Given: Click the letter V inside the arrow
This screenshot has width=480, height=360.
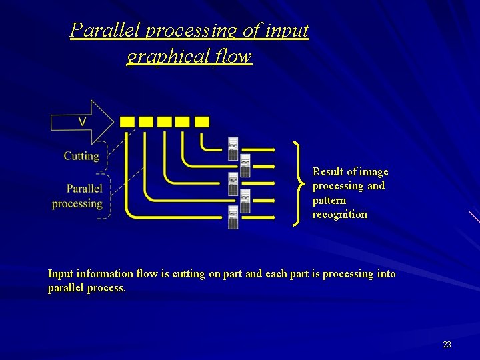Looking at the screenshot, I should click(82, 121).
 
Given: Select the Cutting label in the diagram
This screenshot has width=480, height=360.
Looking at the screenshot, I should click(81, 156).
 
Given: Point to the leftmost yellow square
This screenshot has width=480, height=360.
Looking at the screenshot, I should click(127, 122).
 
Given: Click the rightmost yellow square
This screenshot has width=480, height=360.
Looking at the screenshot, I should click(202, 122).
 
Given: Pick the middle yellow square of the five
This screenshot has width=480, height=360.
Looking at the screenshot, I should click(164, 122).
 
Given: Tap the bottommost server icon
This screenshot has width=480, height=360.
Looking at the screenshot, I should click(233, 218).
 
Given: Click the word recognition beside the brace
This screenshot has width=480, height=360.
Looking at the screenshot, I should click(339, 215).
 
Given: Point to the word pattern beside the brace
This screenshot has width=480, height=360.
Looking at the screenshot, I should click(329, 200).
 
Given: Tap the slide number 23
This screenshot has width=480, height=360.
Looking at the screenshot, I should click(447, 345).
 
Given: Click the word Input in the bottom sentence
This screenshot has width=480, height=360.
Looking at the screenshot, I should click(61, 274).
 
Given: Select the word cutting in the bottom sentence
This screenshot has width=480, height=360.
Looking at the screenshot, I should click(188, 274).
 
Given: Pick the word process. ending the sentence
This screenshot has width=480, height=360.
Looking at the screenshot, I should click(106, 288).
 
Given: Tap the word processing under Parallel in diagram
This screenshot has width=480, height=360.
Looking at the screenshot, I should click(77, 204).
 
